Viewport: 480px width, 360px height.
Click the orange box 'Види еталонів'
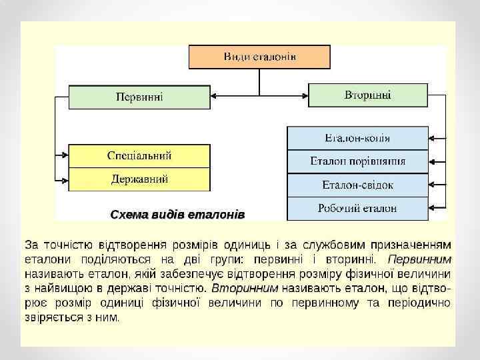[x=259, y=57]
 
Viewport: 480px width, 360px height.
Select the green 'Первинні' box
[x=139, y=97]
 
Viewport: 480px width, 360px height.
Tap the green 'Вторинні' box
[x=367, y=95]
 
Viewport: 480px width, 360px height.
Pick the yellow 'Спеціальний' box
[x=139, y=156]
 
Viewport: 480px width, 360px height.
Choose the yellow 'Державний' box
[x=139, y=179]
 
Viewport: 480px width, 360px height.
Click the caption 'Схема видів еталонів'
[x=177, y=215]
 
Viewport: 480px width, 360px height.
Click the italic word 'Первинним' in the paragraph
[x=419, y=259]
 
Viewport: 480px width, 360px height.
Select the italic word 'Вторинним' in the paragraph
[x=245, y=288]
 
